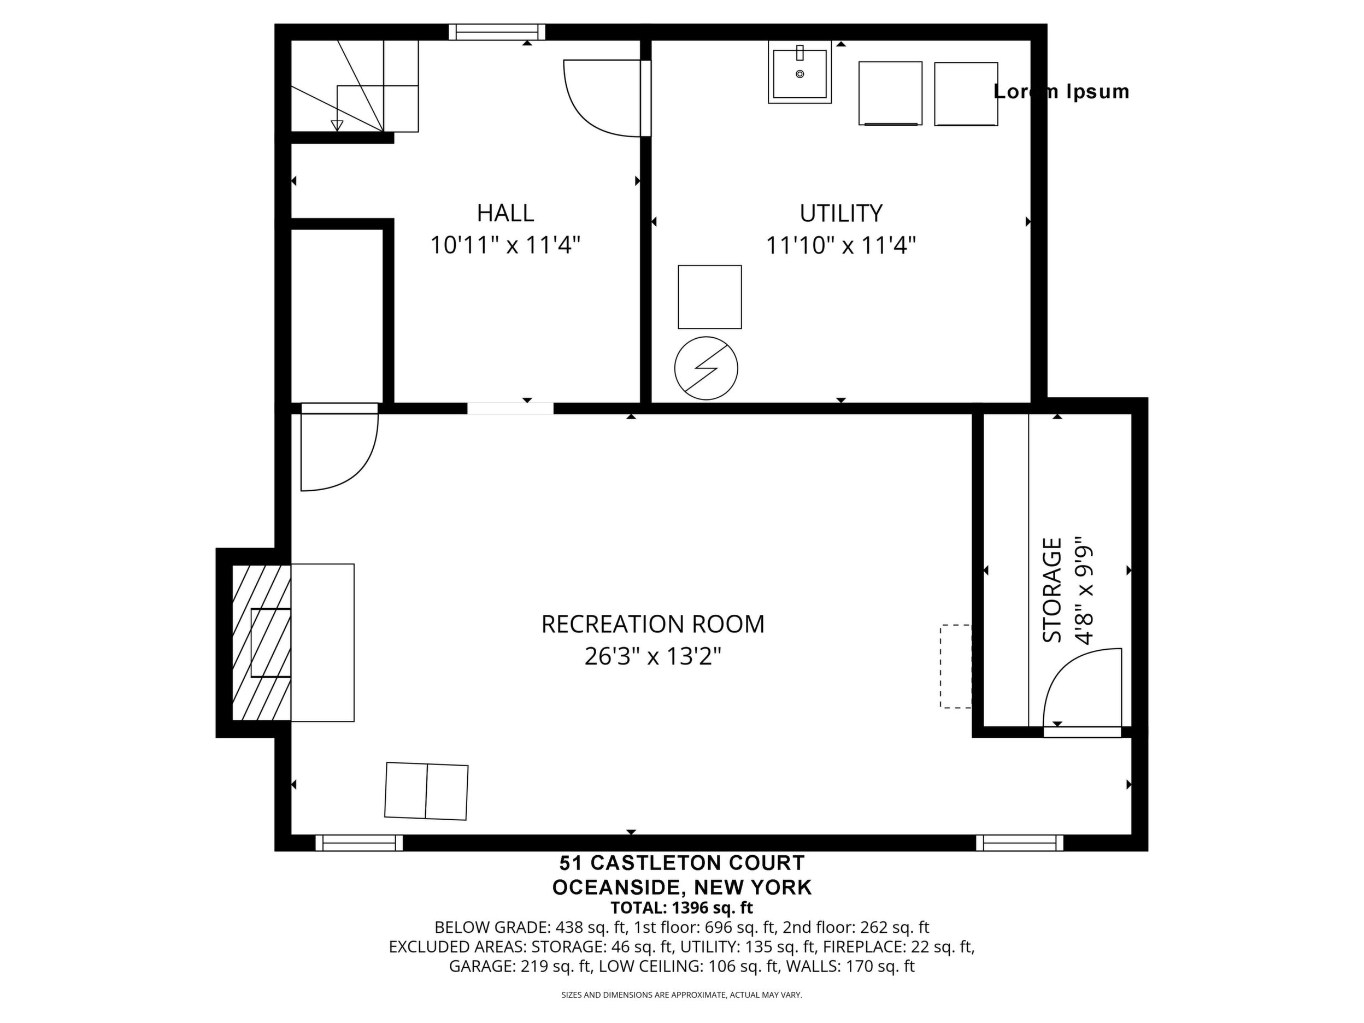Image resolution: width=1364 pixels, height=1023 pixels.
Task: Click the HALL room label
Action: pos(505,213)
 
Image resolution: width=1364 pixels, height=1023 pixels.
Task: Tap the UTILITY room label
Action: pos(841,213)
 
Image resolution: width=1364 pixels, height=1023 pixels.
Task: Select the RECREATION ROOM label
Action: pos(653,624)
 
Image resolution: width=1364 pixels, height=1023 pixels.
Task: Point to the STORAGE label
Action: pos(1052,590)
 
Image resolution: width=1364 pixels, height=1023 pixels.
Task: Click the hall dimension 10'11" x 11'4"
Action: pos(505,245)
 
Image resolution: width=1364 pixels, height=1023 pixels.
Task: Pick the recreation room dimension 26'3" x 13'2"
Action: pos(653,657)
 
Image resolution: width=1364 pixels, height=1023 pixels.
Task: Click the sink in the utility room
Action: pos(800,73)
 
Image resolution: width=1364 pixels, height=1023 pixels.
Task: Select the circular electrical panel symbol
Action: pos(706,368)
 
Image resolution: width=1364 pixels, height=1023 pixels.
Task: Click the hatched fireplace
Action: pos(261,643)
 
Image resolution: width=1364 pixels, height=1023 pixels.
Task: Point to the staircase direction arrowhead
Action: pos(337,126)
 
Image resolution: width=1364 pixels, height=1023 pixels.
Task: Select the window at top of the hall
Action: pos(497,32)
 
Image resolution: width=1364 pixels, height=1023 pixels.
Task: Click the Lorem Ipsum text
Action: pos(1061,91)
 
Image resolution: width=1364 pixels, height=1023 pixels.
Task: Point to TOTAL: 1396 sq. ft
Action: pos(682,908)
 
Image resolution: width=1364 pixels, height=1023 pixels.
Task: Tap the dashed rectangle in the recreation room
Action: pos(956,666)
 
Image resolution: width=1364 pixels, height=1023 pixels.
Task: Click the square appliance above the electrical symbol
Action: pos(710,297)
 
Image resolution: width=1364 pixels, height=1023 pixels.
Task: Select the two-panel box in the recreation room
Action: pos(426,791)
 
